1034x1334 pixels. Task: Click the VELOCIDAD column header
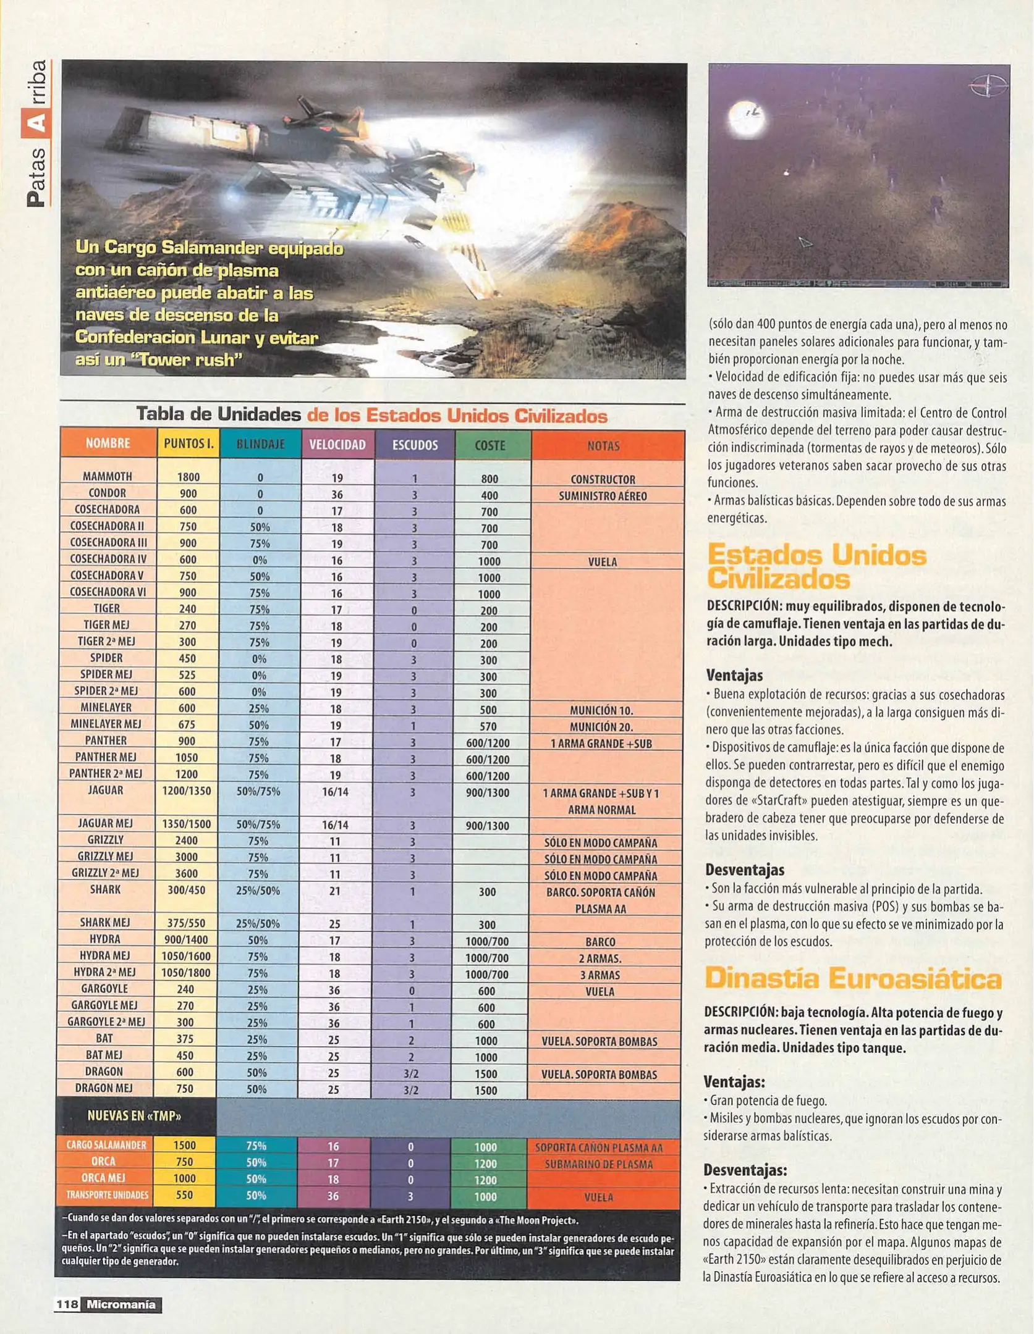[x=337, y=445]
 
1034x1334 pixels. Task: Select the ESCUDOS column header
[x=415, y=445]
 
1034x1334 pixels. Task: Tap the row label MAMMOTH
[x=108, y=476]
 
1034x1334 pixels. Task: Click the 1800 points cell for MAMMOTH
[x=188, y=477]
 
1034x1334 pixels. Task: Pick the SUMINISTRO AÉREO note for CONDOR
[x=603, y=496]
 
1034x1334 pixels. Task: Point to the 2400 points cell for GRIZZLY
[x=186, y=840]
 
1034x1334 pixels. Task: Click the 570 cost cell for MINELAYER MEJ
[x=488, y=726]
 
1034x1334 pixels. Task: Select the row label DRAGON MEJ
[x=104, y=1088]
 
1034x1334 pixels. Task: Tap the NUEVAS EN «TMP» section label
[x=134, y=1115]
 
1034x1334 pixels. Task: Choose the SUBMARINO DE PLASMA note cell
[x=598, y=1164]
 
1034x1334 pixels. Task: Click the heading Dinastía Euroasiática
[x=852, y=979]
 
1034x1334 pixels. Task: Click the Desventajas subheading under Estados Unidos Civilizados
[x=744, y=870]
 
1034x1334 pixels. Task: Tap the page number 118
[x=67, y=1304]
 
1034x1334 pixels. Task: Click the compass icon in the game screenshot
[x=988, y=86]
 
